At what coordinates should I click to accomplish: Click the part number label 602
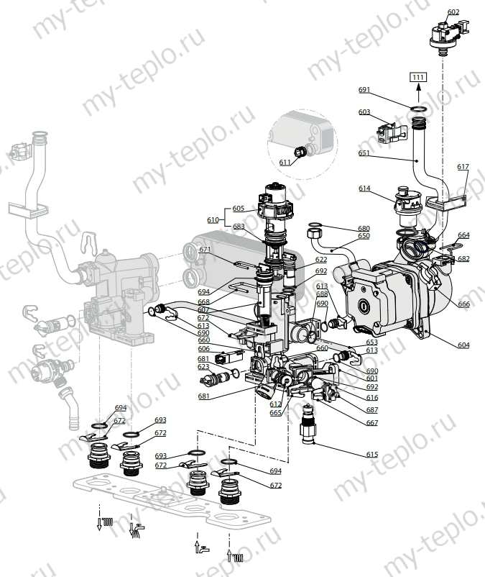[453, 12]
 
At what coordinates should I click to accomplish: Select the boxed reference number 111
[418, 77]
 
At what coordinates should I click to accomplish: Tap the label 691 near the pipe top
[364, 90]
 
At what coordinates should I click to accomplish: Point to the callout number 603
[364, 112]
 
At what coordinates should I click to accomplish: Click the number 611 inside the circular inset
[285, 163]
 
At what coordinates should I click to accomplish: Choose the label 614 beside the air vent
[365, 188]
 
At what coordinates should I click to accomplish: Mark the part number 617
[463, 167]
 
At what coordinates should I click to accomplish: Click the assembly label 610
[212, 219]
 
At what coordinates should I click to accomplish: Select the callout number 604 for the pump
[463, 345]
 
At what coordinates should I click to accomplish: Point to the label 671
[205, 250]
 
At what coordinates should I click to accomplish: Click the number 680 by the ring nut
[364, 229]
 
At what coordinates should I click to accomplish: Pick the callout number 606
[204, 348]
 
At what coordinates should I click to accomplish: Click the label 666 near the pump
[463, 304]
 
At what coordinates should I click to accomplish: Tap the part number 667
[371, 423]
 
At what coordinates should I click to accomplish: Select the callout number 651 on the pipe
[364, 153]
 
